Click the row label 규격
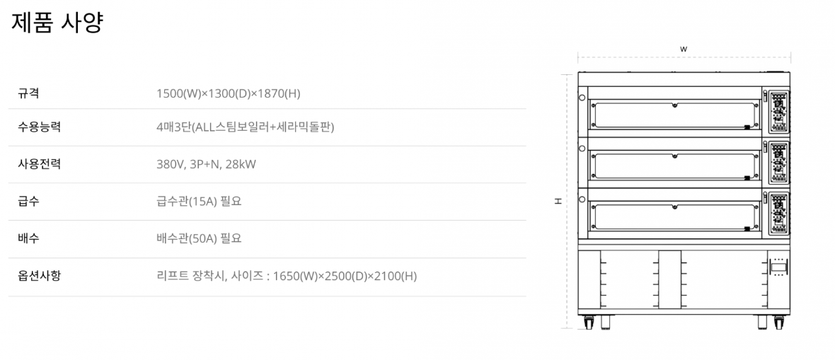tap(28, 93)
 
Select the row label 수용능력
tap(39, 127)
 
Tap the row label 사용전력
tap(39, 164)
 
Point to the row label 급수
tap(28, 202)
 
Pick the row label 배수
tap(28, 238)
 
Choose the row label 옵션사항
tap(39, 275)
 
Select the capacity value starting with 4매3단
tap(245, 127)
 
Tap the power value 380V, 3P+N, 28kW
tap(206, 164)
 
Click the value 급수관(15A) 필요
tap(199, 202)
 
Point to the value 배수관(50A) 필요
tap(199, 238)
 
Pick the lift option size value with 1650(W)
tap(287, 275)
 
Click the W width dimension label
tap(684, 49)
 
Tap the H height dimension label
tap(558, 201)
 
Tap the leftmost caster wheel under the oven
tap(589, 323)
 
